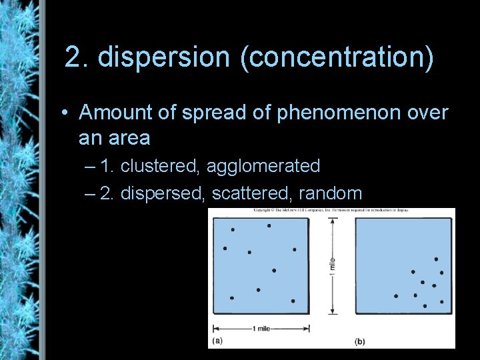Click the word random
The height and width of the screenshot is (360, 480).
click(x=331, y=193)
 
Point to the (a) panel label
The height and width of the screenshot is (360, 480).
click(x=217, y=341)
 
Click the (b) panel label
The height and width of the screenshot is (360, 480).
click(x=359, y=341)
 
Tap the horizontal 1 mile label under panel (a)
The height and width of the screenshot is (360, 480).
click(x=261, y=328)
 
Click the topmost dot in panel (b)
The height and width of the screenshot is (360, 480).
click(x=436, y=259)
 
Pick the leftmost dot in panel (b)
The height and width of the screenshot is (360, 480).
click(x=396, y=296)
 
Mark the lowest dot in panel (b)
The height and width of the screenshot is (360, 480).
click(x=425, y=306)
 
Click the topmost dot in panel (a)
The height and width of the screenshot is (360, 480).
click(x=269, y=225)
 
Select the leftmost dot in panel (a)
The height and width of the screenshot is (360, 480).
click(x=225, y=248)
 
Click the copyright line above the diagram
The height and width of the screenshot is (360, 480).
click(x=331, y=211)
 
